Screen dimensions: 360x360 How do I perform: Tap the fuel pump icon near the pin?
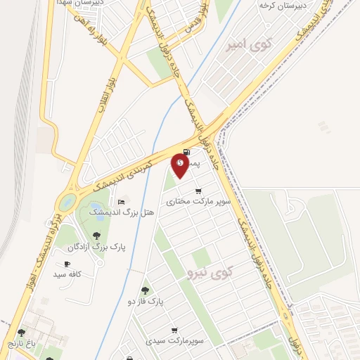(x=186, y=152)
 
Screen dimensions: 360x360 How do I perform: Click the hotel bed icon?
(x=121, y=202)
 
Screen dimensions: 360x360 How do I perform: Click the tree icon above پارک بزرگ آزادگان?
(x=96, y=236)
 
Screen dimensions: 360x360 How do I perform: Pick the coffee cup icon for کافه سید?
(x=67, y=264)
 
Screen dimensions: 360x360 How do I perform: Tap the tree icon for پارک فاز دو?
(x=145, y=290)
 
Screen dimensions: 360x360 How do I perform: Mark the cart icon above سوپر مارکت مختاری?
(x=199, y=191)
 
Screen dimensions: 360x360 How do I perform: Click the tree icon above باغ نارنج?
(x=21, y=333)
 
